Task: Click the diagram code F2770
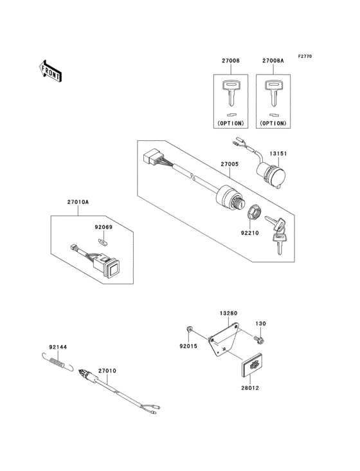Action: [304, 57]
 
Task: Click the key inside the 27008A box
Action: [272, 91]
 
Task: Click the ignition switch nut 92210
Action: [253, 212]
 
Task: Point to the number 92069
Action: [104, 227]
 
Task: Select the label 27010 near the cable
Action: [107, 371]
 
